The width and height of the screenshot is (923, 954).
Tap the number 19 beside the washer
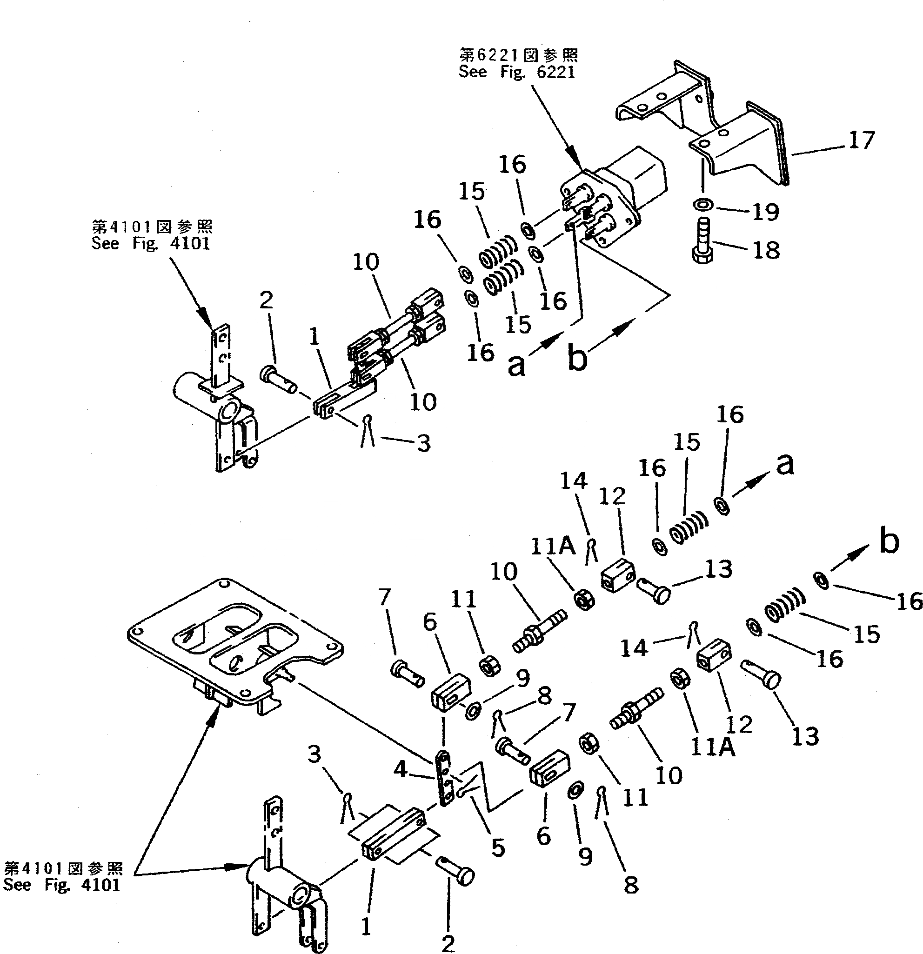(x=766, y=212)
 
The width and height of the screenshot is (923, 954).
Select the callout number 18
(x=766, y=250)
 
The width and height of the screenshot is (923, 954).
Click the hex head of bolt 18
(x=702, y=254)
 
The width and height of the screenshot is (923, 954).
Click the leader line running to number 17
(x=818, y=149)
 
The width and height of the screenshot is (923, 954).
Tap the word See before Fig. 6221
(x=472, y=72)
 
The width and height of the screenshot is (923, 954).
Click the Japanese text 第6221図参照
(x=518, y=54)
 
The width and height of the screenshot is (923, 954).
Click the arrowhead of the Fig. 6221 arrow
(x=579, y=165)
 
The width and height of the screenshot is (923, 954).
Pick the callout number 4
(x=400, y=769)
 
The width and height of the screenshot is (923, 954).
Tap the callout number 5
(x=497, y=847)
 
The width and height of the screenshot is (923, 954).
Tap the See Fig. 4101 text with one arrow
(x=151, y=242)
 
